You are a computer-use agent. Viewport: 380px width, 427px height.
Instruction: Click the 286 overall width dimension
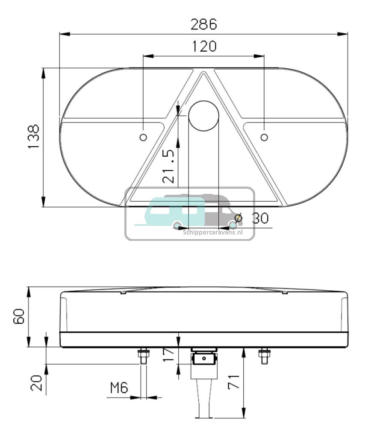click(x=203, y=24)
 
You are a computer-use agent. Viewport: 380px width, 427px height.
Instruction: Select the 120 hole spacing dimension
click(x=203, y=46)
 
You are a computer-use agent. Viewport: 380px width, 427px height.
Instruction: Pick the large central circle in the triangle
click(x=204, y=116)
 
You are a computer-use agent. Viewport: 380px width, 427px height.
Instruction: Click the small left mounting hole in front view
click(x=143, y=137)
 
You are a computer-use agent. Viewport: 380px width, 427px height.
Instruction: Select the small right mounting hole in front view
click(x=264, y=137)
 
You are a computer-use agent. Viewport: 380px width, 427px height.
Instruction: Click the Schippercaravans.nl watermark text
click(x=213, y=232)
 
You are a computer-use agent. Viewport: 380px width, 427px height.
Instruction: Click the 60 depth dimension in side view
click(x=19, y=317)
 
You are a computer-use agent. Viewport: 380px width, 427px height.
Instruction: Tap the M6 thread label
click(x=119, y=388)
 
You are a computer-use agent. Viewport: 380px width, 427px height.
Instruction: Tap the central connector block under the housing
click(x=203, y=359)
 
